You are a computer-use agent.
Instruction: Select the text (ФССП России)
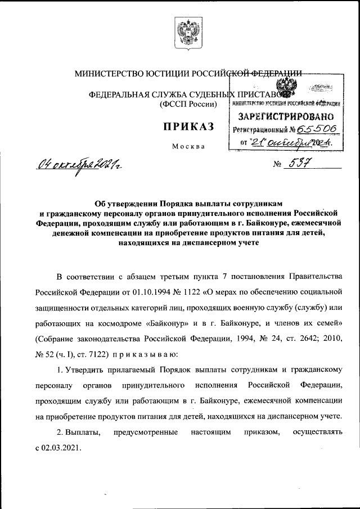pyautogui.click(x=188, y=105)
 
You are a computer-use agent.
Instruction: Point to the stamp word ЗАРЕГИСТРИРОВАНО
pyautogui.click(x=283, y=116)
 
